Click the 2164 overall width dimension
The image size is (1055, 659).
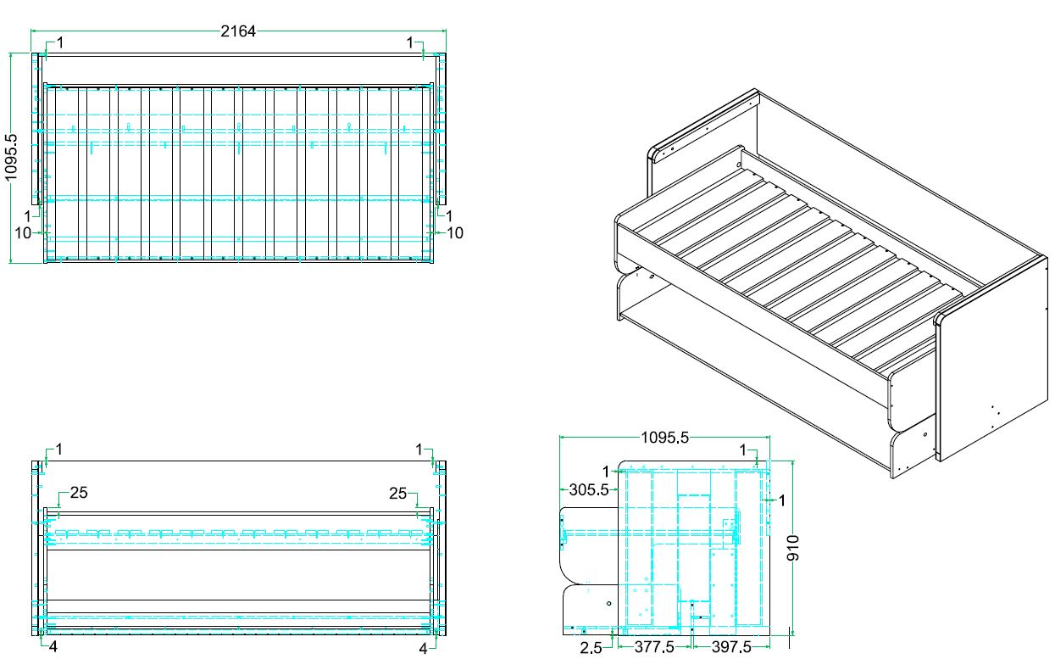[x=238, y=31]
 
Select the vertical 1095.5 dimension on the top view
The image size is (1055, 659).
[x=10, y=157]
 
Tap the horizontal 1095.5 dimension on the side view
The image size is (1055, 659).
[x=664, y=438]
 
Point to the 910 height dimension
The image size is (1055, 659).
[x=793, y=548]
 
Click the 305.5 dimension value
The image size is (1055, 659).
[x=589, y=489]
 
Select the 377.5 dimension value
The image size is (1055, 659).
[x=654, y=647]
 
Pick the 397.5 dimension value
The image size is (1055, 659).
[x=731, y=647]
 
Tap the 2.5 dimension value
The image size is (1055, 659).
[x=591, y=648]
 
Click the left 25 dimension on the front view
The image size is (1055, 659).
[x=79, y=493]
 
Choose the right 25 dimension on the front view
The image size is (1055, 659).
[x=397, y=494]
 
